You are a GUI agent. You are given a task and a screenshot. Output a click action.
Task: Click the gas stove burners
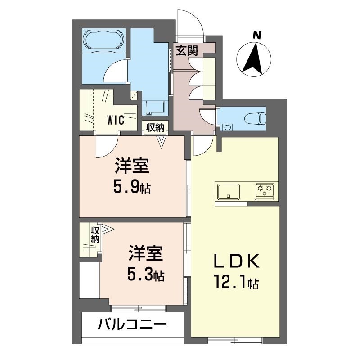(x=264, y=191)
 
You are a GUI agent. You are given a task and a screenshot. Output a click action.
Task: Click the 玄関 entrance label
(x=186, y=50)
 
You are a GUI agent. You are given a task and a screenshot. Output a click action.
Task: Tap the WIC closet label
(x=116, y=121)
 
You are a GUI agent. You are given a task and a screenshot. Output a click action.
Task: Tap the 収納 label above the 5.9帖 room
(x=155, y=127)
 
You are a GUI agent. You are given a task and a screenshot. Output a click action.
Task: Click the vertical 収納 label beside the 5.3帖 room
(x=95, y=235)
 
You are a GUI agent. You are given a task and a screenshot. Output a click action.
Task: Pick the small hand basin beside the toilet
(x=227, y=127)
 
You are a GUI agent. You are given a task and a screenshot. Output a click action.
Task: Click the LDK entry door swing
(x=203, y=145)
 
